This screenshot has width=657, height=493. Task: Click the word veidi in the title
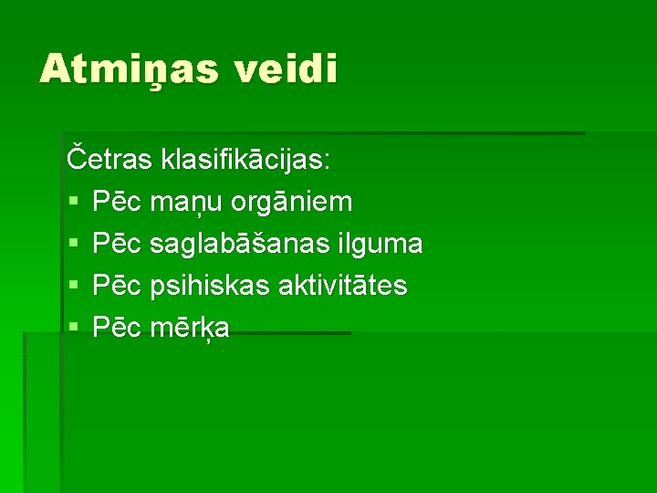[287, 68]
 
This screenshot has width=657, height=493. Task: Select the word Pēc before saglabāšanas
[116, 244]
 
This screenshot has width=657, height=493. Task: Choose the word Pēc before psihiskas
[116, 286]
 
